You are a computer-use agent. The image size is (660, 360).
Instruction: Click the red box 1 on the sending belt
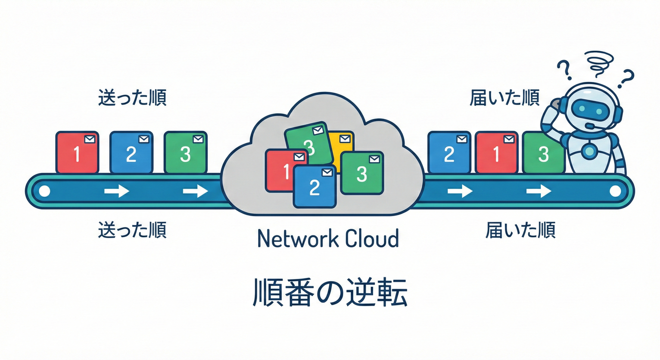pos(77,152)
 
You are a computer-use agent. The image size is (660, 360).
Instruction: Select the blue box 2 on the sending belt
pos(131,152)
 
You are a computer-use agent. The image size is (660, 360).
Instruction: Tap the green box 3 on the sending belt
pos(186,152)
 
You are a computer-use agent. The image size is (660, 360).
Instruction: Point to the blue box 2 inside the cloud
pos(315,186)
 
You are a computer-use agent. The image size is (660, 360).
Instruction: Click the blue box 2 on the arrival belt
pos(449,152)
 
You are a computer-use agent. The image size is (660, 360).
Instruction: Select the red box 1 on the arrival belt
pos(496,152)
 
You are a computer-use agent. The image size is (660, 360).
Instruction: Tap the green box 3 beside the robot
pos(543,152)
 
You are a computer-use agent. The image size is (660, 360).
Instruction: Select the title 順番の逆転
pos(330,293)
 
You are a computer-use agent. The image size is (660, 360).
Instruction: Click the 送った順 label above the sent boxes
pos(132,98)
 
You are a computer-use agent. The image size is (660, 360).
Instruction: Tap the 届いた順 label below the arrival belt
pos(520,230)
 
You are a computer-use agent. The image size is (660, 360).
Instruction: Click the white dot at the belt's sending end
pos(45,191)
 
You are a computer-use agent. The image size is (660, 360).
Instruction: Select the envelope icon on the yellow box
pos(345,139)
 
